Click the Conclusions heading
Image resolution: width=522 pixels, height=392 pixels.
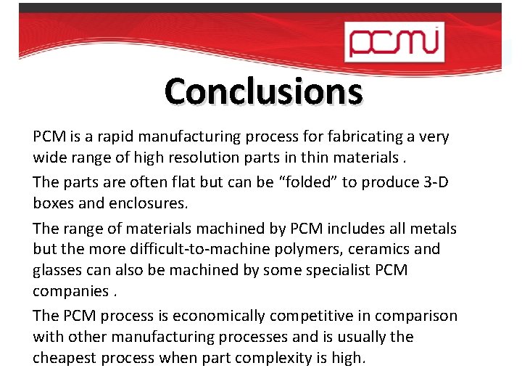pos(263,92)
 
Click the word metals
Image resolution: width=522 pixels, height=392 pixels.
pos(433,229)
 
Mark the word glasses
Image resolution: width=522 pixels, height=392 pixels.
pos(58,269)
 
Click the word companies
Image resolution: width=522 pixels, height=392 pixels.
pos(70,290)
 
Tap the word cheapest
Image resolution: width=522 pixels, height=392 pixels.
pos(67,357)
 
